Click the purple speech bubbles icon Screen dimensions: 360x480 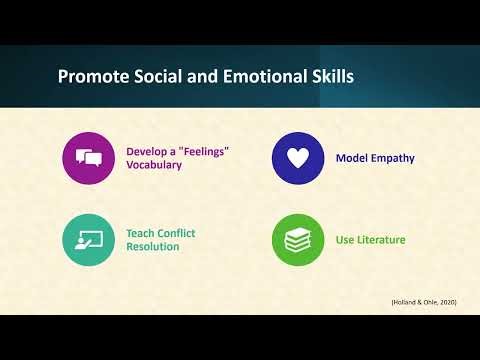point(88,158)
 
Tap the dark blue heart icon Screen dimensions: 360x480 point(298,158)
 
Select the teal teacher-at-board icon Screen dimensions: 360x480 point(88,240)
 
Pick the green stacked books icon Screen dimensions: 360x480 point(298,240)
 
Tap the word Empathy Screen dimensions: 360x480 point(393,158)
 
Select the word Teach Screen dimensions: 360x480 point(141,233)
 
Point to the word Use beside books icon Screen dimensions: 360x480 point(346,240)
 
